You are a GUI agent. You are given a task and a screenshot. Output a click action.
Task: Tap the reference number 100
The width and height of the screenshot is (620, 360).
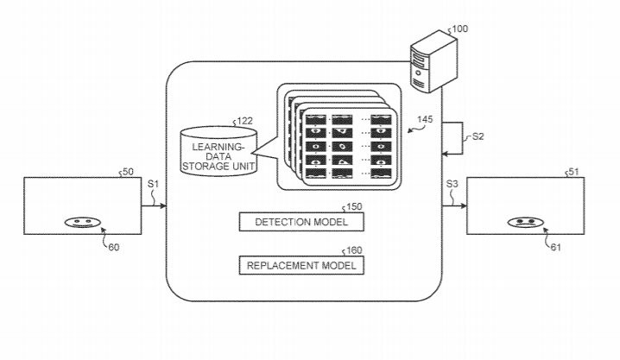pyautogui.click(x=460, y=29)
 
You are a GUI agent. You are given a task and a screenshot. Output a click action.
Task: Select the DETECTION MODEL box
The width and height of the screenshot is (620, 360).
pyautogui.click(x=301, y=222)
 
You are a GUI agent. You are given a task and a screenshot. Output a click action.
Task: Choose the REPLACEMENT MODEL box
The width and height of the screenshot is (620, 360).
pyautogui.click(x=301, y=265)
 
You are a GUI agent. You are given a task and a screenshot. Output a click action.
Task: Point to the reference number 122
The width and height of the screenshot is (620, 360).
pyautogui.click(x=245, y=121)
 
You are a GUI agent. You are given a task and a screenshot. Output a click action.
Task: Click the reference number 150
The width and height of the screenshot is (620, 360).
pyautogui.click(x=353, y=208)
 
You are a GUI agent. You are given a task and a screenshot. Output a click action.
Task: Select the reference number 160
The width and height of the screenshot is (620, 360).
pyautogui.click(x=353, y=250)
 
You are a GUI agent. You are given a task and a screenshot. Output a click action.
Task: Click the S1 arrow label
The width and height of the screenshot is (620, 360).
pyautogui.click(x=153, y=184)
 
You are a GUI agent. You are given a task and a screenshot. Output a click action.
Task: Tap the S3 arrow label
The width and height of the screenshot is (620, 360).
pyautogui.click(x=453, y=184)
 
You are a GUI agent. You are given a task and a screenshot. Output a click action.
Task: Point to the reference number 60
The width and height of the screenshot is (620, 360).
pyautogui.click(x=113, y=247)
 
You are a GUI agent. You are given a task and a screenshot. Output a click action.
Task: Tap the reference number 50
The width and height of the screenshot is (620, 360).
pyautogui.click(x=127, y=173)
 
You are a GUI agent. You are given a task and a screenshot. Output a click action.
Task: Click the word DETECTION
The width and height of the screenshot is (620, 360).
pyautogui.click(x=282, y=222)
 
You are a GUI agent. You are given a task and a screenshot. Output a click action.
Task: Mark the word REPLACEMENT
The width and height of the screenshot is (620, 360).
pyautogui.click(x=280, y=265)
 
